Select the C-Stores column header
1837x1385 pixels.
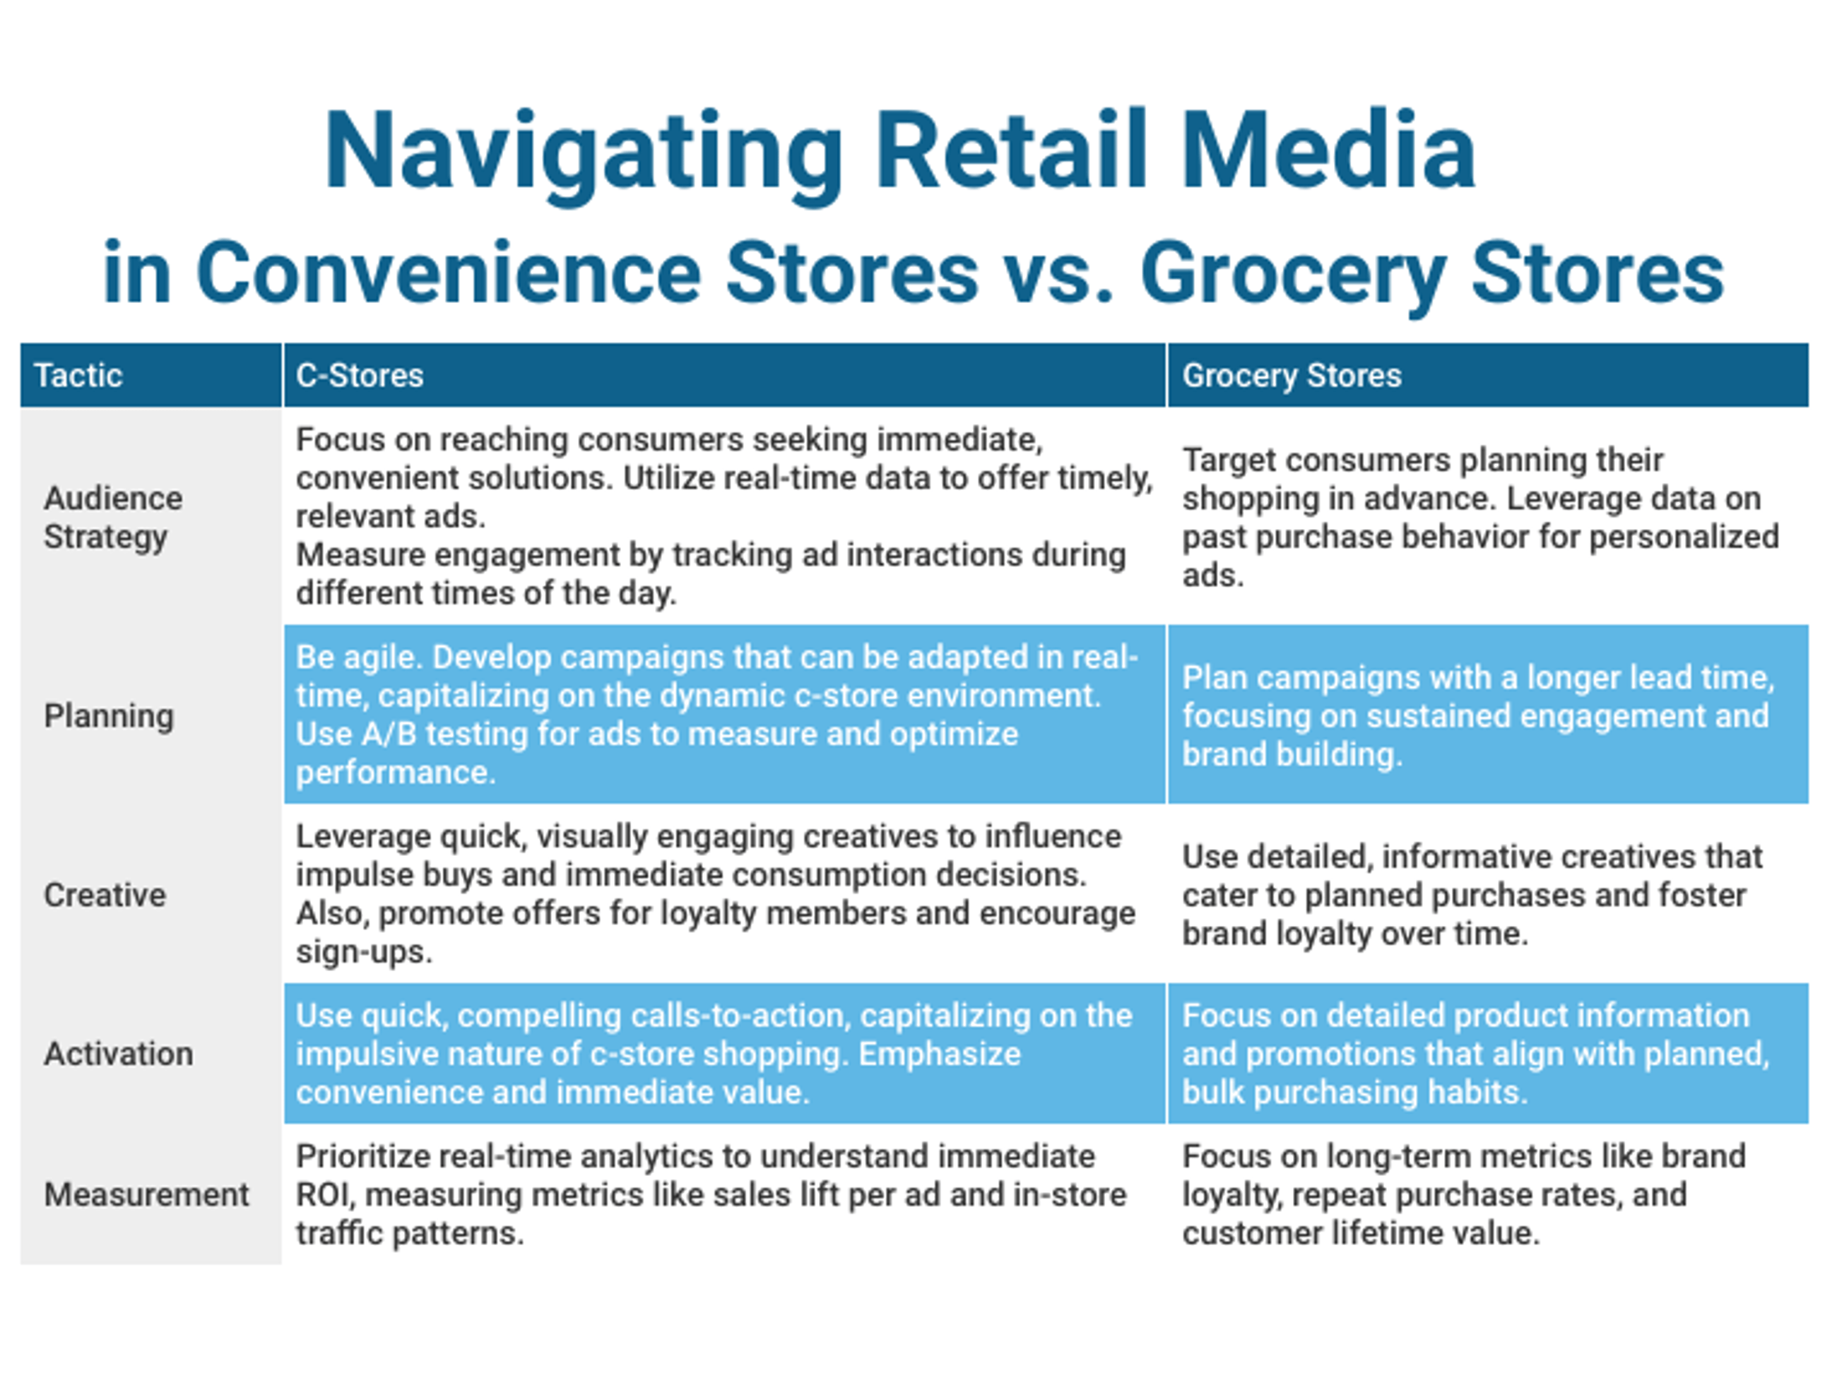360,375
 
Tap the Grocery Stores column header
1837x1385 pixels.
1292,375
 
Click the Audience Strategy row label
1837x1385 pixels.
113,517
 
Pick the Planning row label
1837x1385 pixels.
109,715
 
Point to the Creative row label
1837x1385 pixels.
105,895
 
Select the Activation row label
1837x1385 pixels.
118,1054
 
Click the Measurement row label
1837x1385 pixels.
146,1194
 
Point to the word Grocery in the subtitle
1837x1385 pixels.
1292,274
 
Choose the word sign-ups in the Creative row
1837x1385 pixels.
364,951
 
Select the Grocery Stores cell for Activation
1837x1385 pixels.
1487,1054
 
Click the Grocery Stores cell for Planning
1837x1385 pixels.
1487,715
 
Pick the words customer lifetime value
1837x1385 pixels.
1360,1232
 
